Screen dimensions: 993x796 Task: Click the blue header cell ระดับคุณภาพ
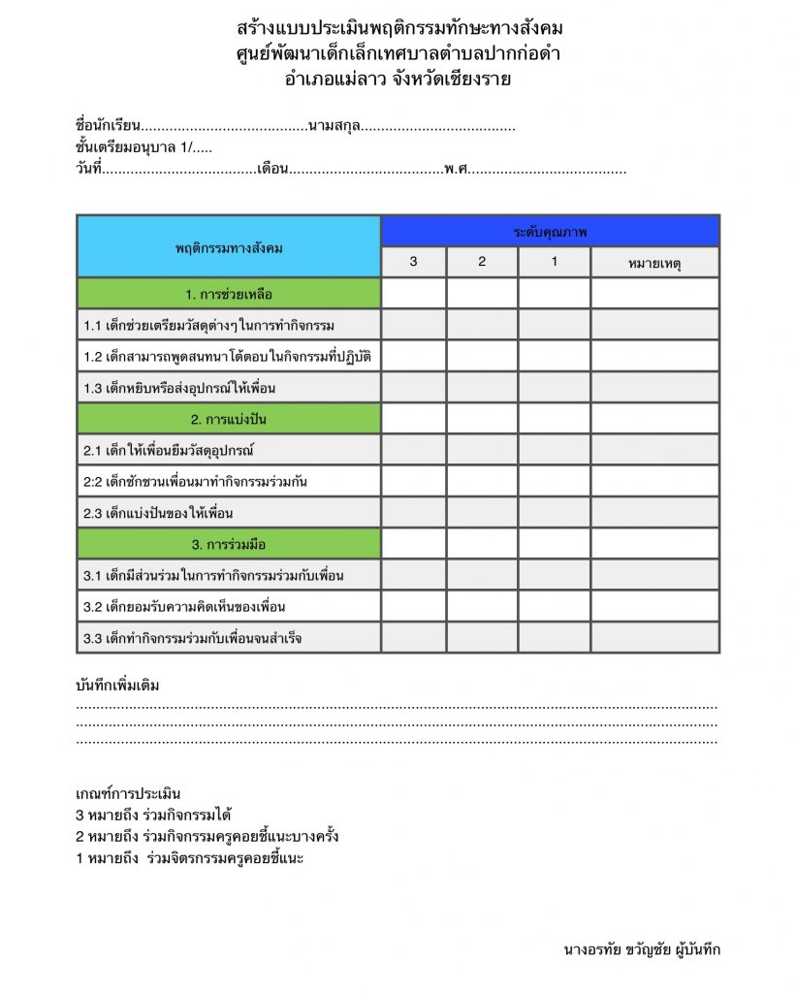[550, 232]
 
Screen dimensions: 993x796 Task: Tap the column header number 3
[413, 262]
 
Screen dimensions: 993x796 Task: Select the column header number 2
[482, 262]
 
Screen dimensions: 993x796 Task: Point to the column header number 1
[554, 262]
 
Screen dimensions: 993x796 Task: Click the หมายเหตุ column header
[654, 262]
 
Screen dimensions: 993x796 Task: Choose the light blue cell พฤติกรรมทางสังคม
[229, 247]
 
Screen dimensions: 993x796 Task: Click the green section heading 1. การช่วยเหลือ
[229, 293]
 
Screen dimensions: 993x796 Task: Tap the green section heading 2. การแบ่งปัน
[229, 419]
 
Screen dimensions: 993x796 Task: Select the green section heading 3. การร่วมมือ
[229, 544]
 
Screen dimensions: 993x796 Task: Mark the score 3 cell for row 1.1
[413, 325]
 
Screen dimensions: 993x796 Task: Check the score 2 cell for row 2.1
[482, 450]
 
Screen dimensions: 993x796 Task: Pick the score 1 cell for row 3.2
[554, 606]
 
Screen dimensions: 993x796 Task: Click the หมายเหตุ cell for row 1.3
[654, 388]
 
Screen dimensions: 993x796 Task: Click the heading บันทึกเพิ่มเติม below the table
[117, 686]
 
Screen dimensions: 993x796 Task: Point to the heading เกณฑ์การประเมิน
[128, 794]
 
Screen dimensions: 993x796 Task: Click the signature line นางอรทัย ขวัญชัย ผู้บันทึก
[641, 949]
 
